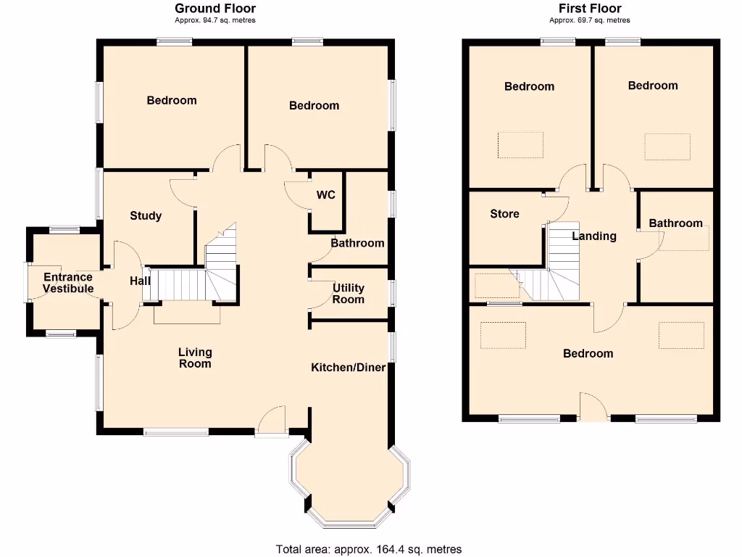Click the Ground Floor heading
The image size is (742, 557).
coord(215,9)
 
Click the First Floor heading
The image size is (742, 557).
coord(589,9)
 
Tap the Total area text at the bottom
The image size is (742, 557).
coord(369,549)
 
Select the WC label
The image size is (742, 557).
coord(325,195)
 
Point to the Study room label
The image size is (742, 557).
coord(146,216)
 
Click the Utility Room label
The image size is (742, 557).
coord(348,294)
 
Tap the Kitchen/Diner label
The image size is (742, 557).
coord(349,368)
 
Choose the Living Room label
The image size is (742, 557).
coord(195,358)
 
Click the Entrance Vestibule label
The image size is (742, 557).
coord(68,283)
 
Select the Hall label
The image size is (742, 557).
coord(140,281)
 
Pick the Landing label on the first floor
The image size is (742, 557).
coord(594,236)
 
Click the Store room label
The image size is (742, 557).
coord(504,214)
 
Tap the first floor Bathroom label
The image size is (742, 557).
coord(675,223)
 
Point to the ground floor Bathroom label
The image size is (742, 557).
coord(357,243)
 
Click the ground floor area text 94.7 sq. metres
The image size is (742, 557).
coord(215,20)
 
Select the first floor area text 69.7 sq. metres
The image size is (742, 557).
coord(589,20)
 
